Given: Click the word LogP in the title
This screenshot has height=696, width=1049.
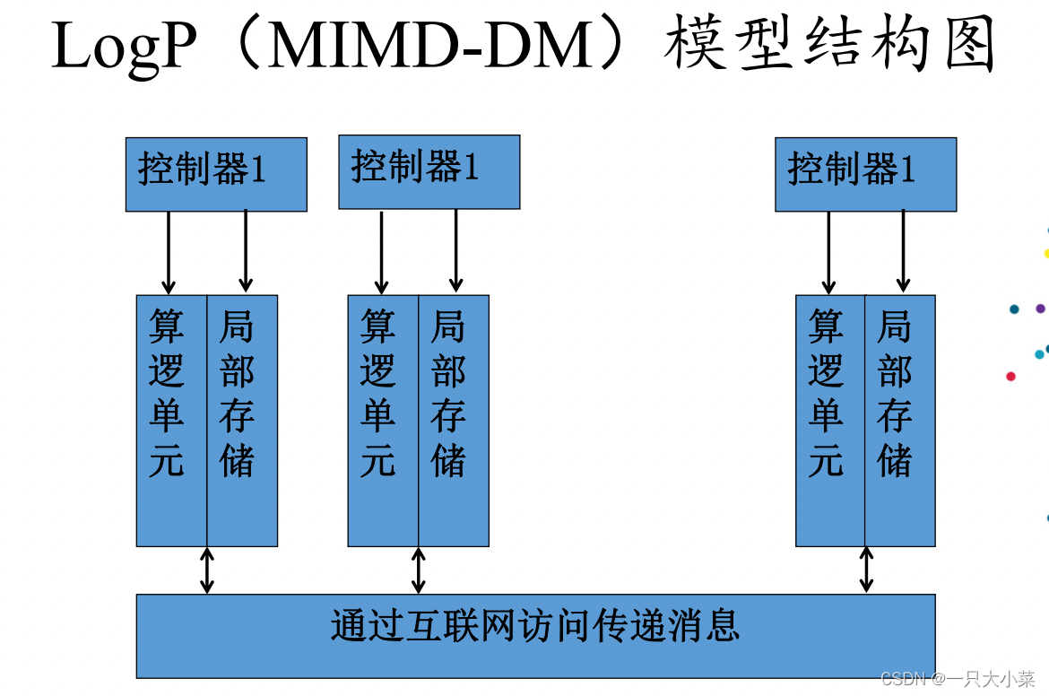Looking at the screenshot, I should tap(123, 47).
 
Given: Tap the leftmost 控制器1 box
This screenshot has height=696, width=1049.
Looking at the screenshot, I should tap(216, 174).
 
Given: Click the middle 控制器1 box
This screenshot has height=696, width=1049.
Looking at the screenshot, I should tap(429, 171).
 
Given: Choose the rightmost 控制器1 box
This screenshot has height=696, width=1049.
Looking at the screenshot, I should tap(865, 174).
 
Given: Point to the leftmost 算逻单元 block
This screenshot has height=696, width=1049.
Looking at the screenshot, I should tap(171, 420).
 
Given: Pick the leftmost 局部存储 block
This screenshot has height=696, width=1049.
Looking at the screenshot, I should tap(242, 420).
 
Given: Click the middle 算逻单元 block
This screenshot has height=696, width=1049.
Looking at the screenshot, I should tap(383, 420).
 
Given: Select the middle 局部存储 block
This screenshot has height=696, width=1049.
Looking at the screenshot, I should tap(454, 420).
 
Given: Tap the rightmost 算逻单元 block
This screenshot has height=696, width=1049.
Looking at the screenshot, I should tap(830, 420).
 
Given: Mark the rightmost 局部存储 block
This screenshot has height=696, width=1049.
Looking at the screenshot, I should tap(900, 420).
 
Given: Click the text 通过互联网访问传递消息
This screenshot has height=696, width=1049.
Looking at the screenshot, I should tap(535, 626).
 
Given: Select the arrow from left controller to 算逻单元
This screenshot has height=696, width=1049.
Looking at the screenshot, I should tap(169, 252).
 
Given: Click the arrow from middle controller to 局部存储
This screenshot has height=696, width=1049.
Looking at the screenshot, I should tap(456, 250).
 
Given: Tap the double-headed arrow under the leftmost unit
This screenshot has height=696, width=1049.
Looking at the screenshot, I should tap(207, 570).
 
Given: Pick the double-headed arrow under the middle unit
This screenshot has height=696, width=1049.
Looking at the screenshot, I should tap(419, 570).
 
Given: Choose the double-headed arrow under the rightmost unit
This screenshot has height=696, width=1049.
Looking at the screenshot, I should tap(866, 570).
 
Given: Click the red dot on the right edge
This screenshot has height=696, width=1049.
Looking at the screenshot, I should tap(1011, 377).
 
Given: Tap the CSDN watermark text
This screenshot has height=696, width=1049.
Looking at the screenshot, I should tap(958, 679).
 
